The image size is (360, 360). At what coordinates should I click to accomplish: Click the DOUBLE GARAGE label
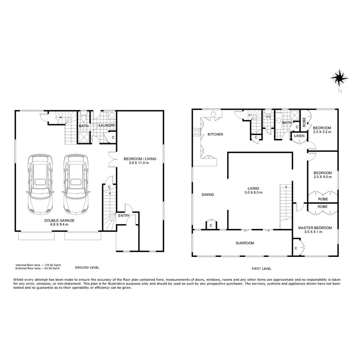pos(59,220)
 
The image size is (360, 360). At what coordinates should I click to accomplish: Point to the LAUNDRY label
pos(107,126)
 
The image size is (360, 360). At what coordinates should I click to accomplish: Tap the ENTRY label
pos(124,216)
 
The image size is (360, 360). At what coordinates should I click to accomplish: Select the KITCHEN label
pos(216,134)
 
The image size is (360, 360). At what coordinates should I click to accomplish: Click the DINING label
pos(207,195)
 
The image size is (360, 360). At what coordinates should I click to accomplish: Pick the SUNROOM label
pos(245,243)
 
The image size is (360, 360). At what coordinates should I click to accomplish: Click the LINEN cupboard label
pos(299,136)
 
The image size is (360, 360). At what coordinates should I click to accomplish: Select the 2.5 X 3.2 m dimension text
pos(322,132)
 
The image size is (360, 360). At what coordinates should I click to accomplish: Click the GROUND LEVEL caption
pos(87,267)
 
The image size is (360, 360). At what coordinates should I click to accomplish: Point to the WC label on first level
pos(268,116)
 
